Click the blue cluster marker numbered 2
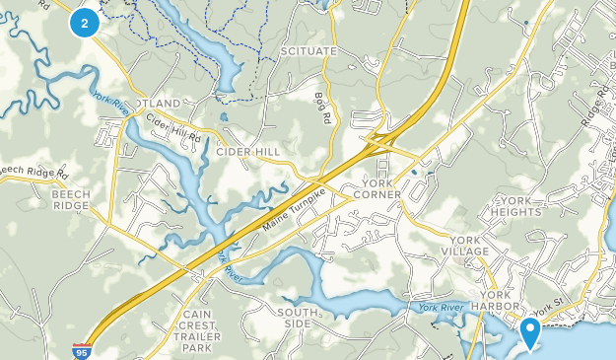click(x=85, y=22)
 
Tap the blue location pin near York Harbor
click(x=530, y=332)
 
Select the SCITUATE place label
click(x=308, y=51)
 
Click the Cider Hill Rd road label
click(x=173, y=122)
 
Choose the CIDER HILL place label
click(x=248, y=152)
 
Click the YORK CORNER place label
click(x=377, y=188)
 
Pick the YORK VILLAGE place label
click(x=469, y=246)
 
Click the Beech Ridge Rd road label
click(x=34, y=171)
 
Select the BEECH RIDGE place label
click(x=72, y=200)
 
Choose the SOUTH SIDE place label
click(x=298, y=318)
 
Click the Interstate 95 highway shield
click(x=83, y=350)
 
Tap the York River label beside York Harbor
click(x=440, y=308)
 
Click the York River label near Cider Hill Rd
click(x=109, y=103)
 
